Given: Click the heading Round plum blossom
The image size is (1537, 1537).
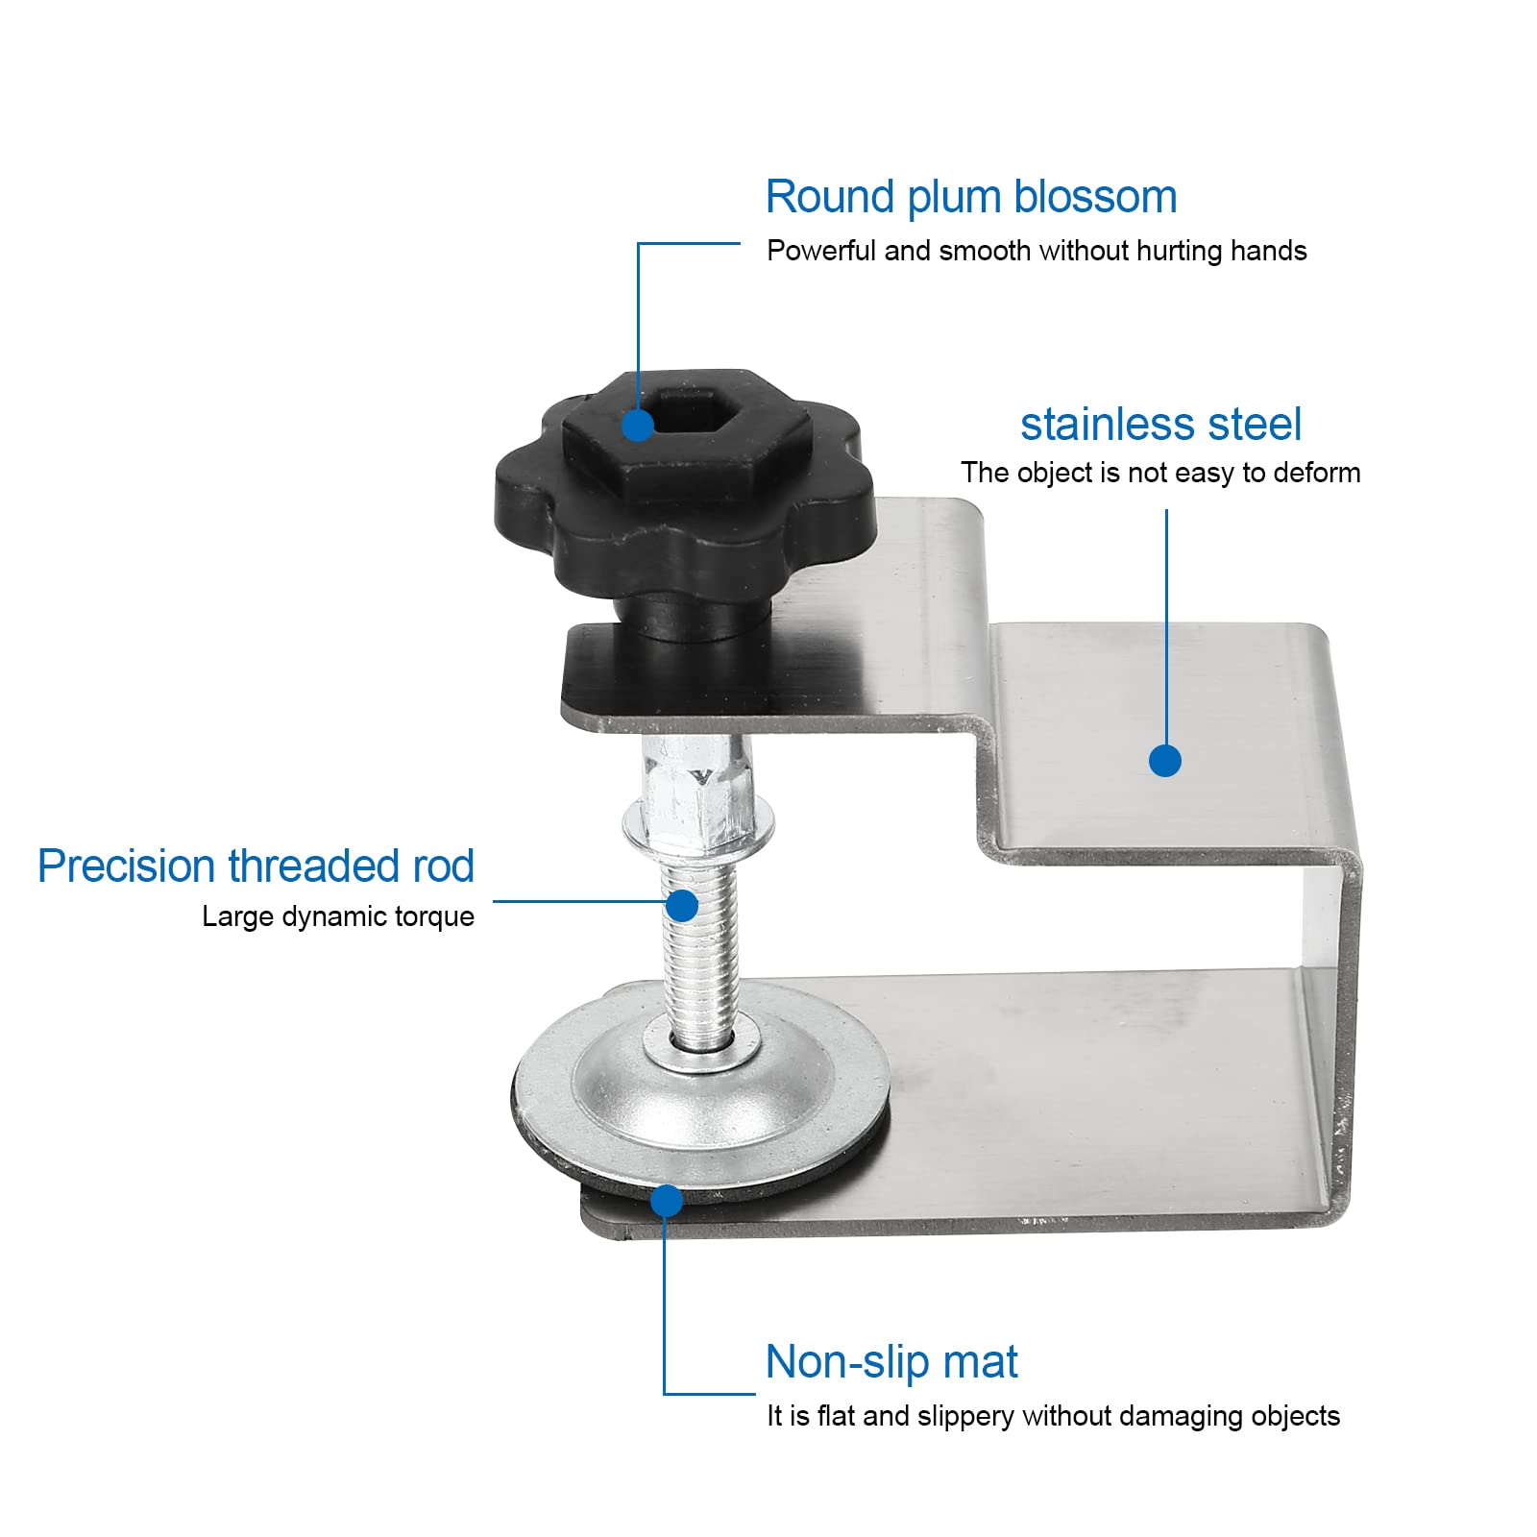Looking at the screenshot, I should point(970,197).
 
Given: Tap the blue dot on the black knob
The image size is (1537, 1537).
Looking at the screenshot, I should point(638,426).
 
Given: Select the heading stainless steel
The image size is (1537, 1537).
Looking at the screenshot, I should point(1160,425).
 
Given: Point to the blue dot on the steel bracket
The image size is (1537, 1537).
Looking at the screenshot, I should point(1165,761).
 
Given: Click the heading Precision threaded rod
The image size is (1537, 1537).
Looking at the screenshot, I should point(256,866).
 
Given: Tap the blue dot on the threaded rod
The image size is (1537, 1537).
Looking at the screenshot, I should point(682,905).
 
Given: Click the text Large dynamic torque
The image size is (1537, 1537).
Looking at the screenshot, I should point(338,916).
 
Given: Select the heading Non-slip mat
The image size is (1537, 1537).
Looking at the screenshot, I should point(891,1362).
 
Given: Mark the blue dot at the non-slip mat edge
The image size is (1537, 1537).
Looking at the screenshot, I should point(667,1201).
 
